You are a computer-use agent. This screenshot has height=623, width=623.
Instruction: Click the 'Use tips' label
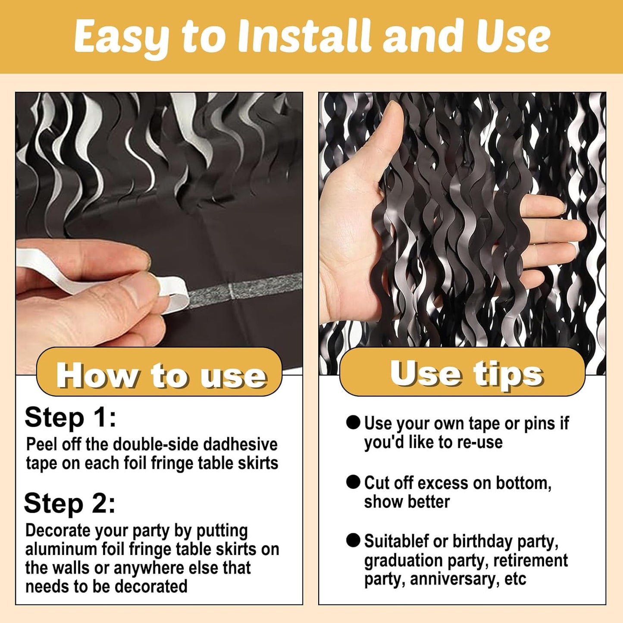tap(466, 373)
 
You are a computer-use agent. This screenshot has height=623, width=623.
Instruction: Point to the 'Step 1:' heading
tap(70, 417)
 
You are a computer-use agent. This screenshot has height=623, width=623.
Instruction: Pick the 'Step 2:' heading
tap(70, 504)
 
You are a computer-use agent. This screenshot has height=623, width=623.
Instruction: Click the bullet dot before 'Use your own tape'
tap(353, 423)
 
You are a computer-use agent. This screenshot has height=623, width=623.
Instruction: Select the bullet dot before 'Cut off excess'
tap(353, 482)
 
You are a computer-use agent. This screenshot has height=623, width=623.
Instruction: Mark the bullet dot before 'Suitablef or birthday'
tap(353, 540)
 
